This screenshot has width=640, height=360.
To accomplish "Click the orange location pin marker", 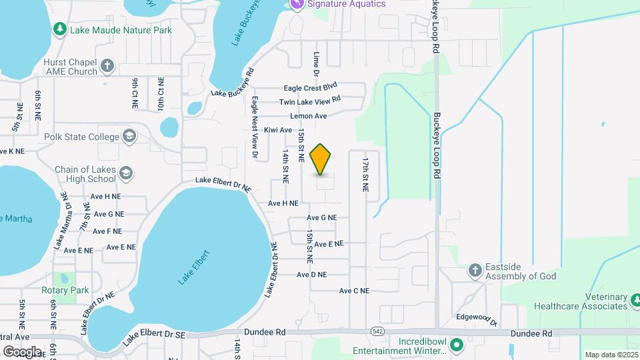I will pyautogui.click(x=321, y=159).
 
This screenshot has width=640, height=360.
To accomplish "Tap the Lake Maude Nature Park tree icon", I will pyautogui.click(x=60, y=30).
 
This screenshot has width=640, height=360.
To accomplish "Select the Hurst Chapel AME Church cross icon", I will pyautogui.click(x=108, y=67).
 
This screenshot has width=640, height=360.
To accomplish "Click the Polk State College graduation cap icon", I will pyautogui.click(x=129, y=137).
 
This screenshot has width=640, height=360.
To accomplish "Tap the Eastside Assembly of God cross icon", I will pyautogui.click(x=475, y=271).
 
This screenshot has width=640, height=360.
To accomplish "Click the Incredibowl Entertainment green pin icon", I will pyautogui.click(x=457, y=346).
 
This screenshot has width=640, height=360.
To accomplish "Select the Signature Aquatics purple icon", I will pyautogui.click(x=297, y=4).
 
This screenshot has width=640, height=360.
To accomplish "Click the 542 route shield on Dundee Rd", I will pyautogui.click(x=377, y=332).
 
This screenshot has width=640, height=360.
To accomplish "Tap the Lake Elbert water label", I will pyautogui.click(x=194, y=267).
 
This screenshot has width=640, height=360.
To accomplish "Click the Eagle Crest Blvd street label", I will pyautogui.click(x=311, y=87).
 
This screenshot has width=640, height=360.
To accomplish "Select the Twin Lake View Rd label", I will pyautogui.click(x=310, y=101).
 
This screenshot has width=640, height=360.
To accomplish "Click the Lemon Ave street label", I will pyautogui.click(x=308, y=116).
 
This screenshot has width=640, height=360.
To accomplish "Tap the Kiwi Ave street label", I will pyautogui.click(x=278, y=130).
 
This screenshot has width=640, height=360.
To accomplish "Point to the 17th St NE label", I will pyautogui.click(x=365, y=175).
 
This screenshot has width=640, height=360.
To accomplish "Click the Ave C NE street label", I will pyautogui.click(x=353, y=291).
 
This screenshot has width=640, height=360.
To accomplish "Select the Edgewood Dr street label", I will pyautogui.click(x=476, y=319).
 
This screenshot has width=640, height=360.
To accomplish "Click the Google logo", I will pyautogui.click(x=22, y=351).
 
